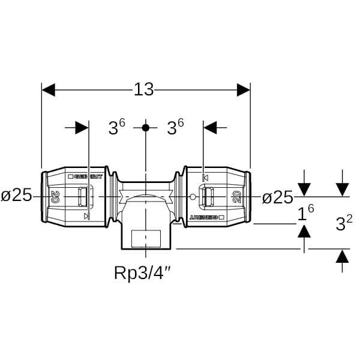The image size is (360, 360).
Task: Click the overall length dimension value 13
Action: coord(144,90)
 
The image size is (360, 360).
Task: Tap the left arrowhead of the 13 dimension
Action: coord(49,90)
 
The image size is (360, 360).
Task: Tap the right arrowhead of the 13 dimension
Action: coord(243,90)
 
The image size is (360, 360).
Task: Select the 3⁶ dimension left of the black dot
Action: coord(116,127)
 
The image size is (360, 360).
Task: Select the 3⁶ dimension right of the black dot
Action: coord(175,127)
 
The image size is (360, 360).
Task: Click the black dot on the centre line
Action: coord(145,128)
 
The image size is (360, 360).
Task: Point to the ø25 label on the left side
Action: coord(16,196)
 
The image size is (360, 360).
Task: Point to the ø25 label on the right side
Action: coord(278,197)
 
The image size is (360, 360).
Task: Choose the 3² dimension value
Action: coord(344,224)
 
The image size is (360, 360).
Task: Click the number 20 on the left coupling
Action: coord(56,196)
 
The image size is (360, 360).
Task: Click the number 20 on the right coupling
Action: coord(236,196)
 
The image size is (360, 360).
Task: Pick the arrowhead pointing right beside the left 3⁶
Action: coord(82,128)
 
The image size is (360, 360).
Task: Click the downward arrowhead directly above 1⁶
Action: coord(305,190)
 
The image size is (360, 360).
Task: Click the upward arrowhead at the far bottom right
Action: coord(342,256)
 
